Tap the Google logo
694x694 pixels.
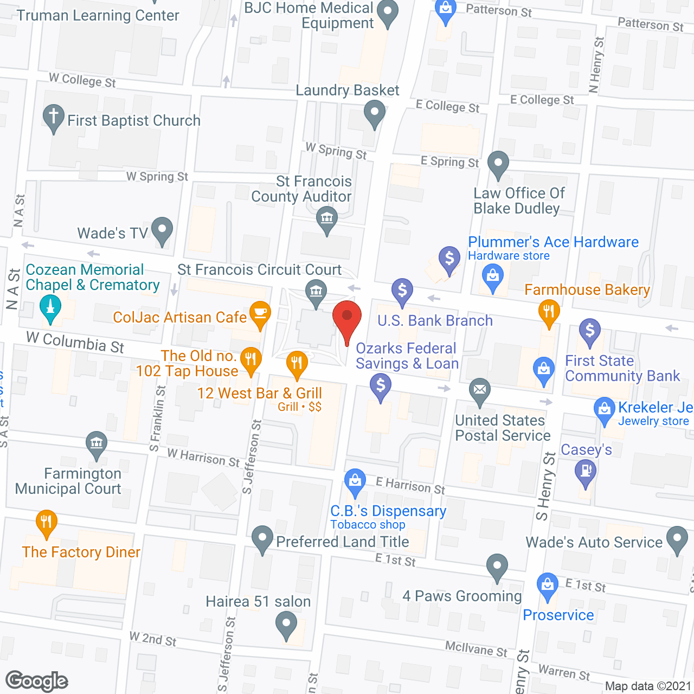37,681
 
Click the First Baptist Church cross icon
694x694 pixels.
53,117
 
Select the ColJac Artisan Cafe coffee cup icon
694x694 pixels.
260,314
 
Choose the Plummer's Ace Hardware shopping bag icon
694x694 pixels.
493,277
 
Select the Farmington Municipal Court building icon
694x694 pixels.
97,444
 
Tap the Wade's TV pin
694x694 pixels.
162,230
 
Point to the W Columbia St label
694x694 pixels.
75,342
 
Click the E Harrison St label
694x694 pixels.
410,485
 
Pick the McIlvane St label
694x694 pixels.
476,648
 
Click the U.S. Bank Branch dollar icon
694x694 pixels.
402,292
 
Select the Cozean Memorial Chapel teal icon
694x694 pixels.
50,310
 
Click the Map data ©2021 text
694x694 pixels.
647,686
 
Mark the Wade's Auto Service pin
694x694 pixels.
677,539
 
